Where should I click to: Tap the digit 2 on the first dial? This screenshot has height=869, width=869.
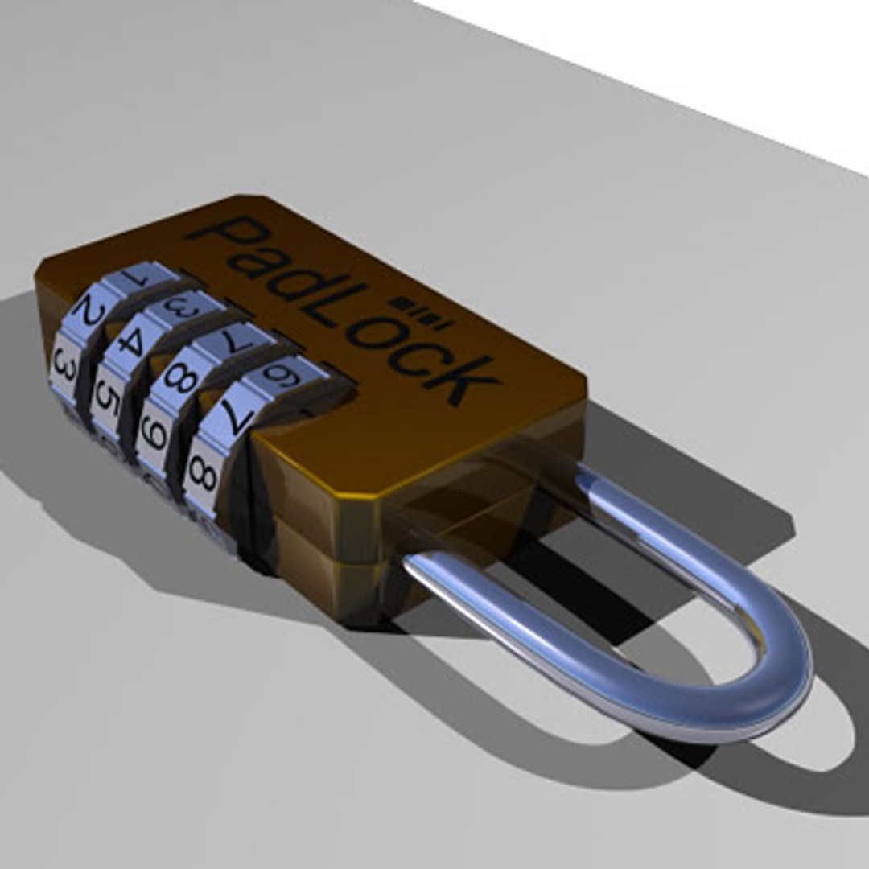90,315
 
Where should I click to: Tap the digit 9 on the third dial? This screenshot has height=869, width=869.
154,435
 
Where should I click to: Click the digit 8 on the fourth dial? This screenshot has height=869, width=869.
202,478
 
